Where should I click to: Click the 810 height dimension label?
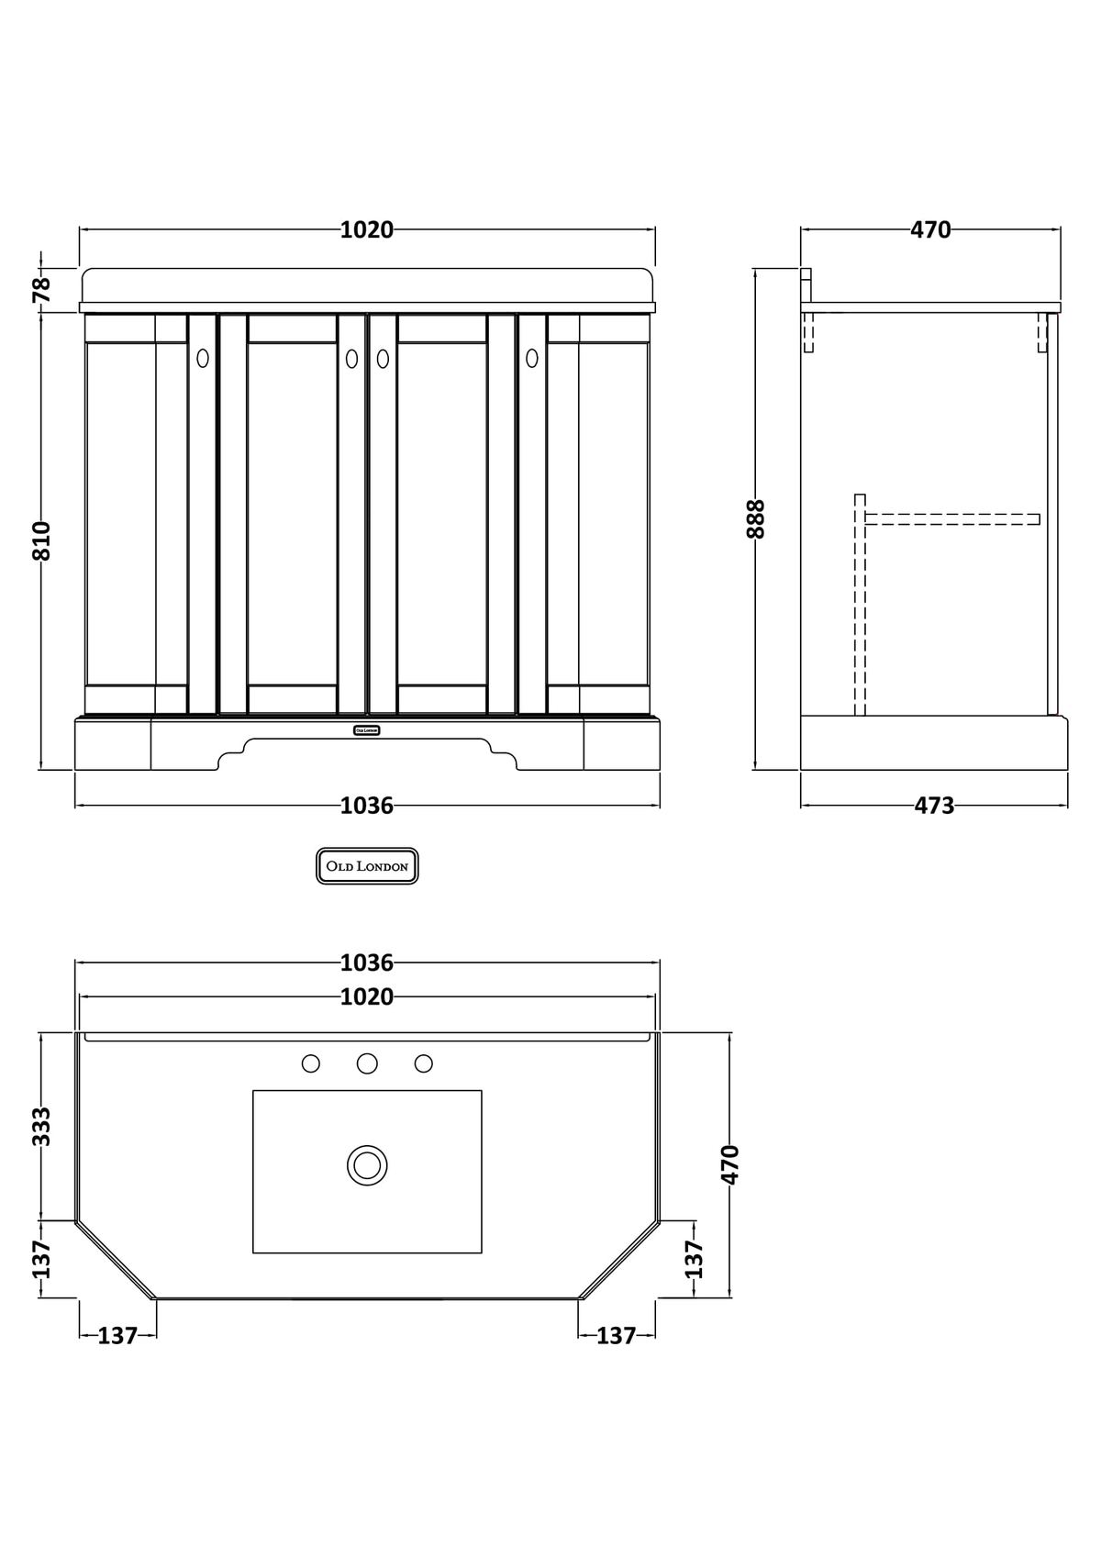tap(42, 540)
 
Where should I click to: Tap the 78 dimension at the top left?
tap(42, 289)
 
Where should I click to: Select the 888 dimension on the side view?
tap(755, 518)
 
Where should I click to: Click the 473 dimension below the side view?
tap(934, 806)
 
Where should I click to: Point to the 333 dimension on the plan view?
tap(41, 1127)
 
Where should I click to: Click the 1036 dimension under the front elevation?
tap(367, 806)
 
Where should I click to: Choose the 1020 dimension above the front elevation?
tap(367, 229)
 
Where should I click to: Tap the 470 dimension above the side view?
tap(930, 229)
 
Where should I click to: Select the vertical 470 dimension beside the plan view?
tap(730, 1164)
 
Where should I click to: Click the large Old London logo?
tap(367, 866)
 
